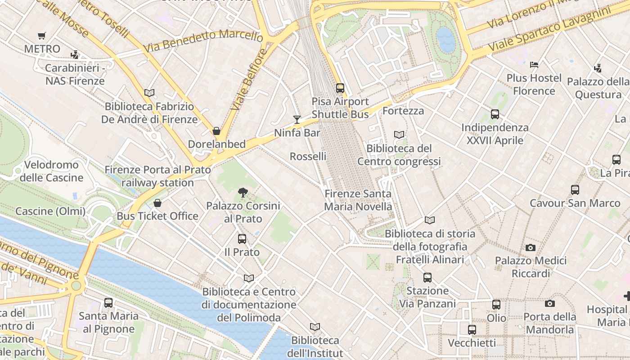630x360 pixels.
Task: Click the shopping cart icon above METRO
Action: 42,36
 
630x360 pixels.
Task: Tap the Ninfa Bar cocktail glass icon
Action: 297,119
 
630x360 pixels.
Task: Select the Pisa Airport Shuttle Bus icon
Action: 340,88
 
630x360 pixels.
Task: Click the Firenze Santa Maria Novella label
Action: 358,200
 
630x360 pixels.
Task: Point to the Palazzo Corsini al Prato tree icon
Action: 243,193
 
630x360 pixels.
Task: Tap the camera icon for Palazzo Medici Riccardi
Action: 531,247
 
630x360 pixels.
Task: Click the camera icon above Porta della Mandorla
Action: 549,303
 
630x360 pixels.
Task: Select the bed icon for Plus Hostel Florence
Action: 534,65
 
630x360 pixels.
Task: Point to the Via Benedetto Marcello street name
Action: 203,41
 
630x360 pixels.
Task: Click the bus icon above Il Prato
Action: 242,239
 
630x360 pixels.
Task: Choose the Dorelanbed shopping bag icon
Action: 216,131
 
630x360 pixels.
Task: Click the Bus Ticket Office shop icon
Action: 157,203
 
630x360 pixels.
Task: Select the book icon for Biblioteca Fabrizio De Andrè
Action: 149,93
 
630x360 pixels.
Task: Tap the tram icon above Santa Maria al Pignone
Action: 108,303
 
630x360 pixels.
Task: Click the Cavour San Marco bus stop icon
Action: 575,190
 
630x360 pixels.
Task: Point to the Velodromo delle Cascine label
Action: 51,171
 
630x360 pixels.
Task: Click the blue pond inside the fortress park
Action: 445,40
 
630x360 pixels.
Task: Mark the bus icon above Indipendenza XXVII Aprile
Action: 495,114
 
